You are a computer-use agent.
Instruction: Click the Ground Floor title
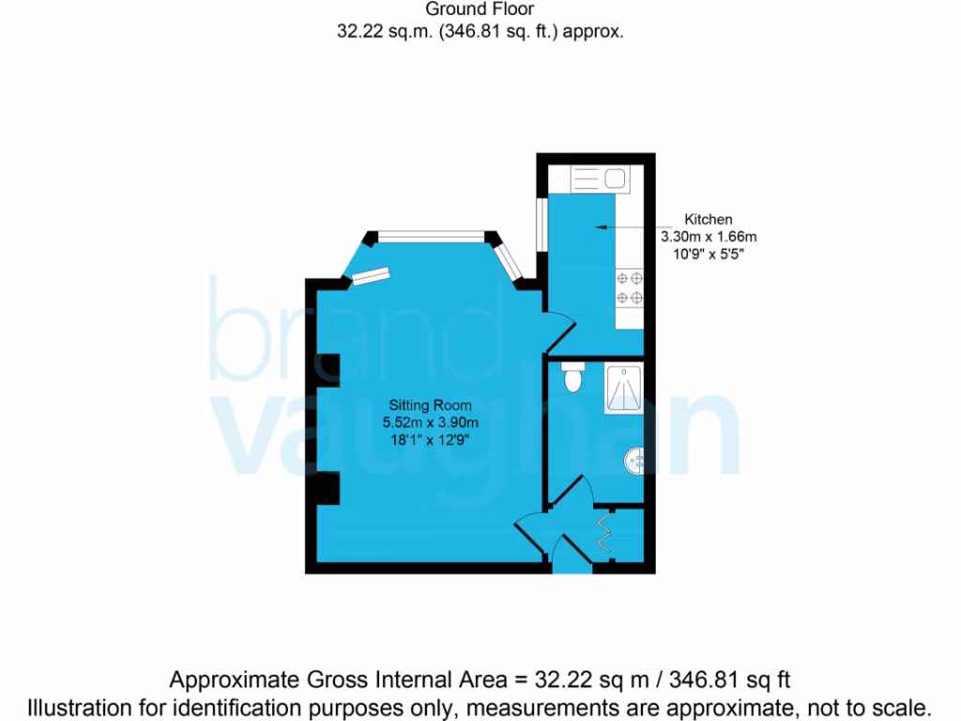[480, 10]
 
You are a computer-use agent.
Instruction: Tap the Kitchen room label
[709, 220]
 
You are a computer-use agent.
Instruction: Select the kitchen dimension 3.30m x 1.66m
[709, 237]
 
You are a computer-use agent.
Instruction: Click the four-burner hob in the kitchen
[629, 288]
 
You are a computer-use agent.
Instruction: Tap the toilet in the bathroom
[572, 380]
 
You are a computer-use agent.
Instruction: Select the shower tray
[624, 388]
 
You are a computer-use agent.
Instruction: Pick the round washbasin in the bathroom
[635, 460]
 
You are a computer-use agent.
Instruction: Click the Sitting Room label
[431, 406]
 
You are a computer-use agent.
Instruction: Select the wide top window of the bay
[433, 236]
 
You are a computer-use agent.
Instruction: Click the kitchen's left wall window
[542, 223]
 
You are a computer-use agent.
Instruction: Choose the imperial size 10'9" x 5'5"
[709, 253]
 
